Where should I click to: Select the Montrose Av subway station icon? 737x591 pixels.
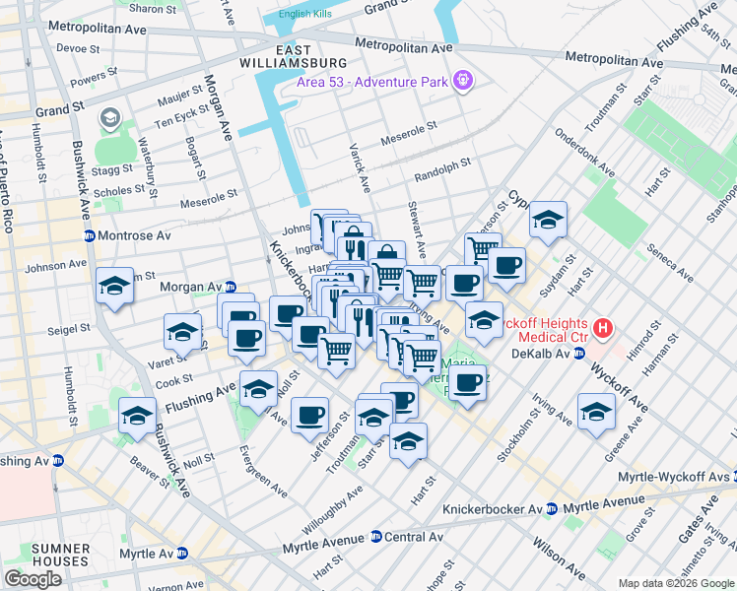89,236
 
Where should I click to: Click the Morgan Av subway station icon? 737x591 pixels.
230,287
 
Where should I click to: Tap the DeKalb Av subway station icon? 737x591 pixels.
579,352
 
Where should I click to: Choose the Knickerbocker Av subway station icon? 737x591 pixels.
552,508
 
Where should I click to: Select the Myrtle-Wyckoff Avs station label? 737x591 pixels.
675,478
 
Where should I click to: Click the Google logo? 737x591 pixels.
33,579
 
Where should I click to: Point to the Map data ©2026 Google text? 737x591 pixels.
675,583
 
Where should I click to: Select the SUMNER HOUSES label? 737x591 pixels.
33,555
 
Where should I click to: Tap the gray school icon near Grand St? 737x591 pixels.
108,119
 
